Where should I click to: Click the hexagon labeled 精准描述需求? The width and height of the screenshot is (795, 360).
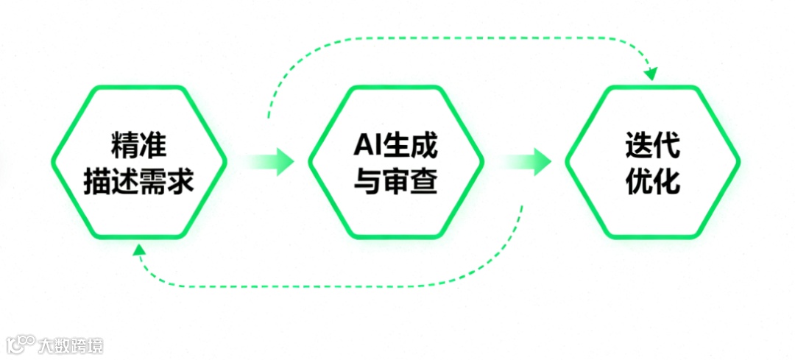[139, 162]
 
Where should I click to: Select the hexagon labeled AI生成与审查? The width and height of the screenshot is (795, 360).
[396, 162]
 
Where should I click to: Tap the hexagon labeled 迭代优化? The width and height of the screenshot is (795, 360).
[653, 162]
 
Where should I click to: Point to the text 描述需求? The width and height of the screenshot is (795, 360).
[139, 180]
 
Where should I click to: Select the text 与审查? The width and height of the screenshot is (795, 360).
[396, 180]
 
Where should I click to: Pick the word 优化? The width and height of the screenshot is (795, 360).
[653, 180]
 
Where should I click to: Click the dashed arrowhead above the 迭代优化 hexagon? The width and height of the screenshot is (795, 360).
[650, 74]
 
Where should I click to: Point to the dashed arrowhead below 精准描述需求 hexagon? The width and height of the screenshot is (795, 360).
[139, 251]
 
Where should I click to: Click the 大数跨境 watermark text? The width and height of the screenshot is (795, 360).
[71, 345]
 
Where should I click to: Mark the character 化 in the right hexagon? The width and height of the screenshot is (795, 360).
[667, 180]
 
